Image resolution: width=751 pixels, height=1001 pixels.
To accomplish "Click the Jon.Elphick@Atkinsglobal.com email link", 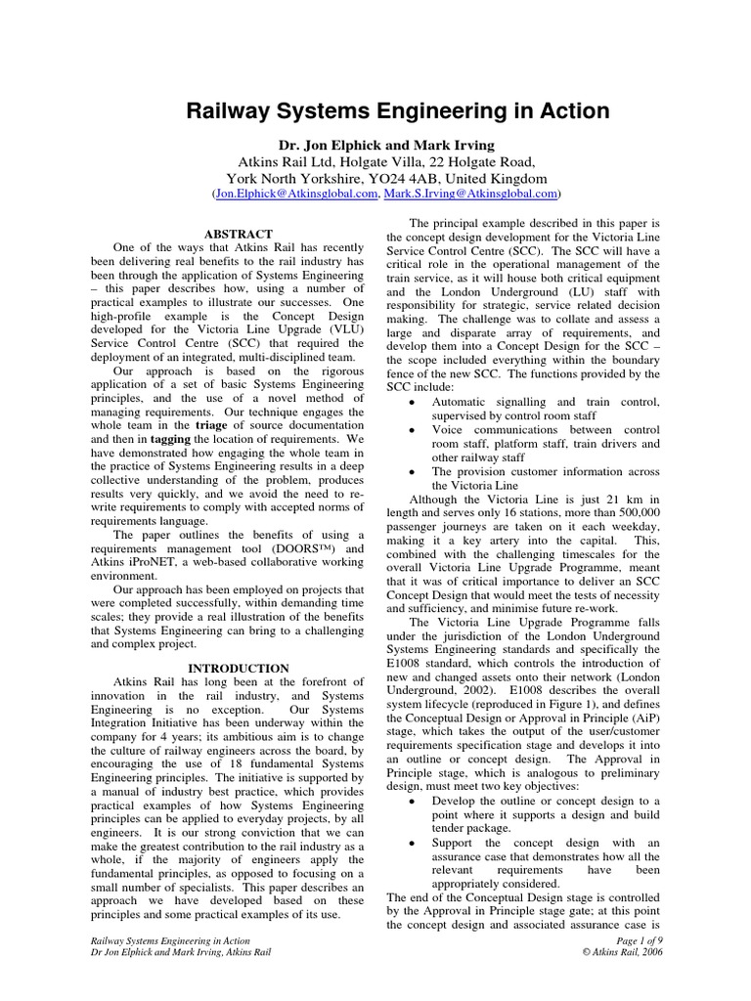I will pyautogui.click(x=295, y=196).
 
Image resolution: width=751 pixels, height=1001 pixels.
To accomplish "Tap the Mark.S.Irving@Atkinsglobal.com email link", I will pyautogui.click(x=464, y=196).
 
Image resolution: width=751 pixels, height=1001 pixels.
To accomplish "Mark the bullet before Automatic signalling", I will pyautogui.click(x=415, y=402).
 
